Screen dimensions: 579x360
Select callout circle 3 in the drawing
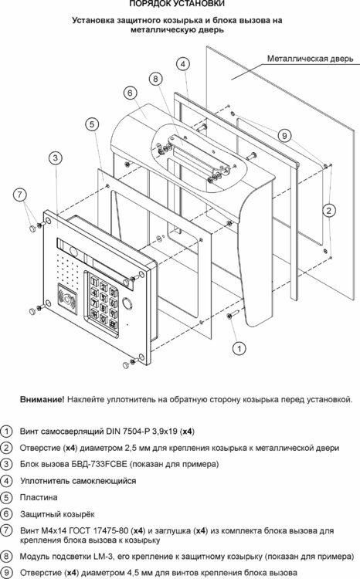pyautogui.click(x=55, y=158)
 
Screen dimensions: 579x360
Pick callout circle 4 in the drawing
pyautogui.click(x=182, y=64)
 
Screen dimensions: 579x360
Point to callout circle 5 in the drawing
pyautogui.click(x=91, y=124)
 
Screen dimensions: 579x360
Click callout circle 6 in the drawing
pyautogui.click(x=129, y=93)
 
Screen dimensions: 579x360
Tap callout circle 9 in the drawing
pyautogui.click(x=285, y=135)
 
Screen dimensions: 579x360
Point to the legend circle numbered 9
pyautogui.click(x=6, y=572)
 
